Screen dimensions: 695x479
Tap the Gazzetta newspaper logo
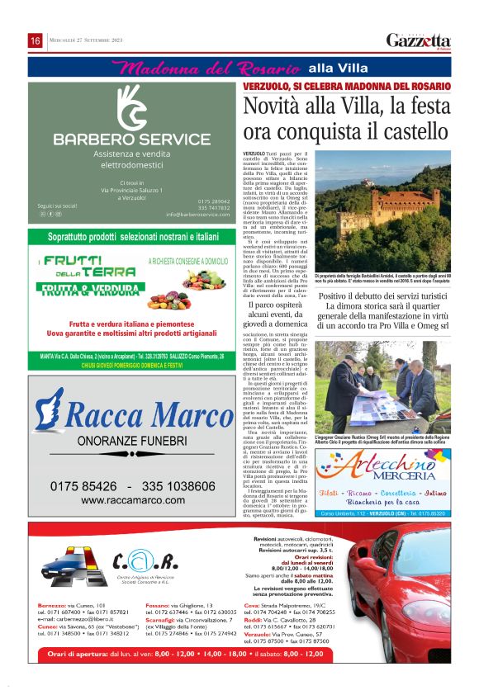point(419,40)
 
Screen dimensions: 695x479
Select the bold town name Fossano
point(159,605)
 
